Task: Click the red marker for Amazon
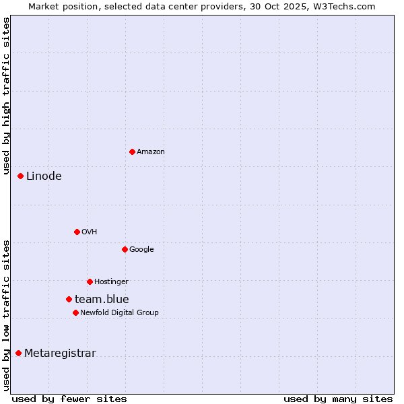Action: pos(132,151)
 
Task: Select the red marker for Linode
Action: pos(21,176)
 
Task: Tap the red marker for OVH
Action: pos(77,232)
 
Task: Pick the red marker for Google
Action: pos(125,249)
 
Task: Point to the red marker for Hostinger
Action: pos(90,281)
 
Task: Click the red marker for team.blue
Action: pos(69,299)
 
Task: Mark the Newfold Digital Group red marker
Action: pos(75,312)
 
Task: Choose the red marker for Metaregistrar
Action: pos(19,353)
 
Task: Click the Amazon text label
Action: pos(150,152)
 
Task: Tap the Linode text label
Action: pos(44,176)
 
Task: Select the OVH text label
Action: pos(89,232)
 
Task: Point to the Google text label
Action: pos(141,250)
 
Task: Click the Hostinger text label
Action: pos(111,282)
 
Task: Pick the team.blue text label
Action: pos(102,300)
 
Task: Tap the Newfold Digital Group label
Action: pos(119,313)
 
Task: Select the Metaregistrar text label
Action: pos(60,353)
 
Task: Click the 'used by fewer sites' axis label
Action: pos(69,399)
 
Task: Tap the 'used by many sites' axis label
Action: pos(338,399)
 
